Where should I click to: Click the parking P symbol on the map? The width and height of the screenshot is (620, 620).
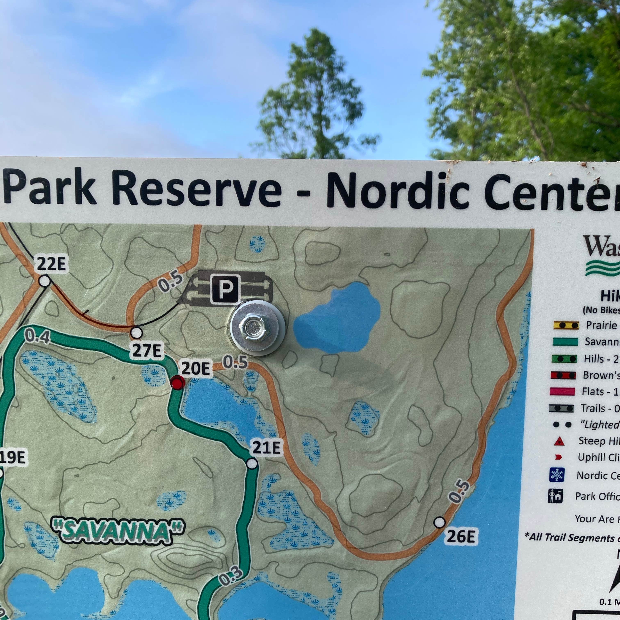(x=226, y=289)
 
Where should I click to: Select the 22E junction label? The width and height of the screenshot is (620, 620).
(x=51, y=264)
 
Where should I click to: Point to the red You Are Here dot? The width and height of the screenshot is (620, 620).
(x=177, y=383)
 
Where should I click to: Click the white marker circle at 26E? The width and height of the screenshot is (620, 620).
(x=439, y=522)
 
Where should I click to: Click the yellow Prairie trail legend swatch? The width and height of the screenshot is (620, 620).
(x=566, y=325)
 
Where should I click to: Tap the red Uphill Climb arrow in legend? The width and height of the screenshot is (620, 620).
(x=558, y=457)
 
